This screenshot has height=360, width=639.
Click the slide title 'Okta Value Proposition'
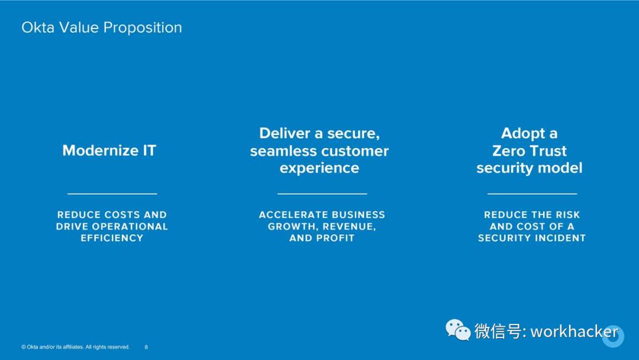click(x=102, y=28)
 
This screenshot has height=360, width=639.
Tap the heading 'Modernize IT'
click(x=109, y=150)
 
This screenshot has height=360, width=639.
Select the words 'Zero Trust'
click(x=530, y=151)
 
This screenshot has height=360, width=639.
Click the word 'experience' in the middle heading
click(x=319, y=168)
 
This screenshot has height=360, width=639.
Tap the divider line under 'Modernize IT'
click(x=112, y=194)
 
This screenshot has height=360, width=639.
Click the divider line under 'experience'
click(x=322, y=194)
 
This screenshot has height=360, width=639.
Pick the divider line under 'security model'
click(x=532, y=194)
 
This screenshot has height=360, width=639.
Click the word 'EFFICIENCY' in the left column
click(x=112, y=238)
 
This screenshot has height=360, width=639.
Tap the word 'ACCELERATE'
click(x=289, y=215)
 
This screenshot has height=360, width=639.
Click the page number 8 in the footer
click(x=146, y=347)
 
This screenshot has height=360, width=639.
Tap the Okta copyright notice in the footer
click(x=75, y=347)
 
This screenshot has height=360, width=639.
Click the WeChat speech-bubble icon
click(x=458, y=330)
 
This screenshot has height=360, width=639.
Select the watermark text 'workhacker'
click(x=574, y=332)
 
